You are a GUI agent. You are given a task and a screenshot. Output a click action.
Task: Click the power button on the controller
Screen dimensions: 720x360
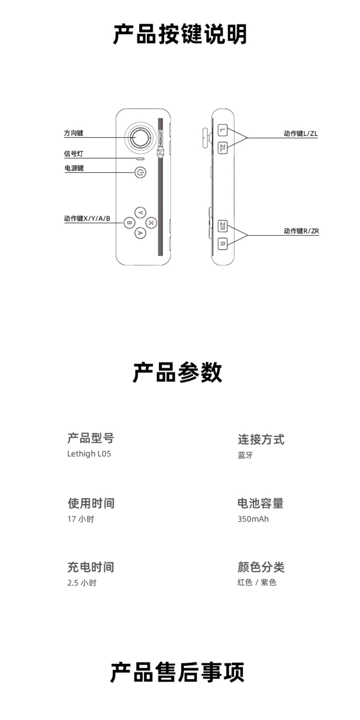(140, 172)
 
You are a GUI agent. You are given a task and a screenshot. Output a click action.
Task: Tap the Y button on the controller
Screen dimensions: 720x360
(140, 213)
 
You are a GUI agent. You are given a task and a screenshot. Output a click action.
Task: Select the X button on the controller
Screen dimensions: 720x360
(151, 223)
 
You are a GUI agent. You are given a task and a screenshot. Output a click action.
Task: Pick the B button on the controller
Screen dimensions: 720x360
(129, 223)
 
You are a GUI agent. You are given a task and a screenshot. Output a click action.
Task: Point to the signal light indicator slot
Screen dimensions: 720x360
(140, 159)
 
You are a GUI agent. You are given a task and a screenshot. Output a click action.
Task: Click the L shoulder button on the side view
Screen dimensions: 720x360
(223, 130)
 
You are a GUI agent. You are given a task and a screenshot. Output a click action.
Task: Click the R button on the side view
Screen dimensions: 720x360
(223, 243)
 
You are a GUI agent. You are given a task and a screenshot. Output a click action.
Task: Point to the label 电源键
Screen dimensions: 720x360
(74, 168)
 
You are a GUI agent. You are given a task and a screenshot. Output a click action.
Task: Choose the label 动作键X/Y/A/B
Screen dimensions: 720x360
(87, 219)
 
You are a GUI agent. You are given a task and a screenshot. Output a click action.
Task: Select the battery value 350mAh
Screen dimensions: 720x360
(253, 519)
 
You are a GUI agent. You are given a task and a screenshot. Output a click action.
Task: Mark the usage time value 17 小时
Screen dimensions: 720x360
(80, 519)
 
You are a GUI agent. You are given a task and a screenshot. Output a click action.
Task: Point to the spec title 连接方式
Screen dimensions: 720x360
(261, 439)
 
